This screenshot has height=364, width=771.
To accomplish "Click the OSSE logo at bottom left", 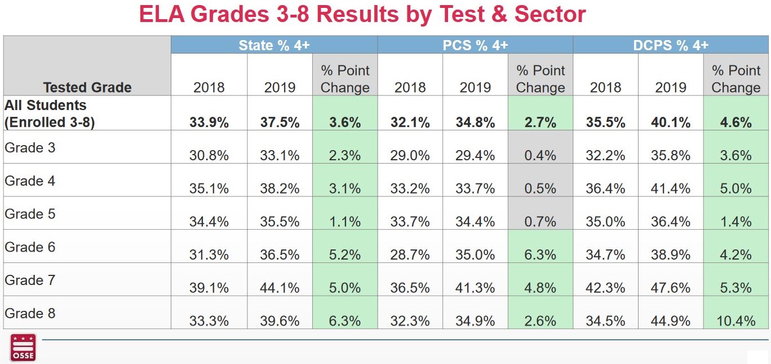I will click(23, 347).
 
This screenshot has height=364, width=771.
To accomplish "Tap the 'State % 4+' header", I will click(274, 45).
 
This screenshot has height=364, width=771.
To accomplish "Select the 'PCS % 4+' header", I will click(475, 45).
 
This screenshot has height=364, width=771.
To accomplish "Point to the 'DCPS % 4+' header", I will click(671, 45).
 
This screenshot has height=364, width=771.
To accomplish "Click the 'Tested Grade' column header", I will click(87, 87).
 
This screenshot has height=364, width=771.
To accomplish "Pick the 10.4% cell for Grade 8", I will click(735, 321).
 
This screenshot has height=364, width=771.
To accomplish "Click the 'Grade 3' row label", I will click(30, 148).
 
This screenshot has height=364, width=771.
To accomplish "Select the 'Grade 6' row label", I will click(30, 247).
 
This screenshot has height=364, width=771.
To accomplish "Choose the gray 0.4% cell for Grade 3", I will click(540, 155).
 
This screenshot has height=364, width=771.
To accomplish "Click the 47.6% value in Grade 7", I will click(671, 288).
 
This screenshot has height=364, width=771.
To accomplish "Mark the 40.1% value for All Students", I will click(671, 122).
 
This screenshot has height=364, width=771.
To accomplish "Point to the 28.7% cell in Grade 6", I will click(410, 255).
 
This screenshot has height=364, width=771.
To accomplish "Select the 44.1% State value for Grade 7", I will click(280, 288).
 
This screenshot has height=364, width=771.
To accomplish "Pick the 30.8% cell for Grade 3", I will click(209, 155).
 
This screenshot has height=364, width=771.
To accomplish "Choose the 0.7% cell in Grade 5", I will click(540, 222).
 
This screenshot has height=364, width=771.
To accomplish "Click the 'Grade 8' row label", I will click(30, 313).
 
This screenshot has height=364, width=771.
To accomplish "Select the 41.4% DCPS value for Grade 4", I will click(671, 188).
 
